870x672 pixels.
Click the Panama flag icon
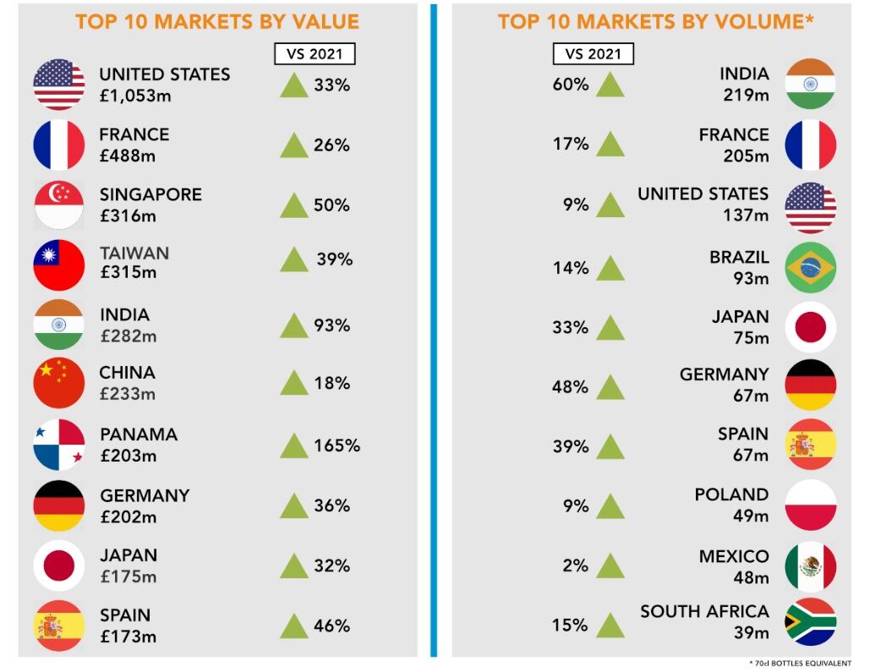tap(59, 445)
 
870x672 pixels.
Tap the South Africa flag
tap(810, 621)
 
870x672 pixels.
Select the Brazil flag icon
tap(810, 267)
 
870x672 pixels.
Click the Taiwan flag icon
tap(59, 265)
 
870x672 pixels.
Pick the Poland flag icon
tap(810, 505)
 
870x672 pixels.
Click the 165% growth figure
tap(337, 445)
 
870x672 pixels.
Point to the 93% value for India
tap(331, 325)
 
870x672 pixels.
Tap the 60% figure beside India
tap(571, 85)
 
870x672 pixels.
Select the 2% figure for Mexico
tap(575, 565)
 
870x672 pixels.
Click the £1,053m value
tap(135, 96)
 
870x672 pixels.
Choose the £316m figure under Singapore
tap(128, 216)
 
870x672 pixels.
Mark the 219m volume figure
tap(746, 95)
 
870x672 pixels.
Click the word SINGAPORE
tap(150, 194)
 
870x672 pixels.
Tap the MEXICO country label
tap(734, 556)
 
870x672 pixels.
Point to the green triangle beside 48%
tap(610, 388)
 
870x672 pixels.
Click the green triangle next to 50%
tap(293, 205)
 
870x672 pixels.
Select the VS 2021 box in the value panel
tap(315, 53)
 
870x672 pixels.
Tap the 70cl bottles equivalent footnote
tap(800, 663)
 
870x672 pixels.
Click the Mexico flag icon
tap(810, 565)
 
